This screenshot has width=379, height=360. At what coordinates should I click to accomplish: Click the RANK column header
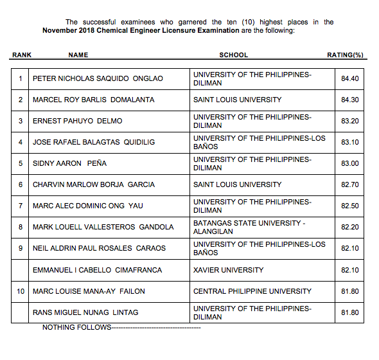22,55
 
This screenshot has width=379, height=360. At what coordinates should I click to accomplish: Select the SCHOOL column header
233,55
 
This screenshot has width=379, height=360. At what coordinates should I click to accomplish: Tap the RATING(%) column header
345,55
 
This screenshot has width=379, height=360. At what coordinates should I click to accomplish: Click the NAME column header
78,55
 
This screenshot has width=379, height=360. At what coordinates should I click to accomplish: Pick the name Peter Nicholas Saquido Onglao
98,78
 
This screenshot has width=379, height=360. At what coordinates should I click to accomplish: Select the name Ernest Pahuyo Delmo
77,121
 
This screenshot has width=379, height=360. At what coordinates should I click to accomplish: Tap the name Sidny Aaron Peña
69,163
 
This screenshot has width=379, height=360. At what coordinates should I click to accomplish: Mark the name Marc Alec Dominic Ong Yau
88,206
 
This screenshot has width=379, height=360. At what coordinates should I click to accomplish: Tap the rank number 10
21,291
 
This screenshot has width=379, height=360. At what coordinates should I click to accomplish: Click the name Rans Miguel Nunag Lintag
85,312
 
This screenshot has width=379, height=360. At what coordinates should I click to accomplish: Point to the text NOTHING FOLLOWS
76,328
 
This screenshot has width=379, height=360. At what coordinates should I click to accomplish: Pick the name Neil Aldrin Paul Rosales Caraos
99,248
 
